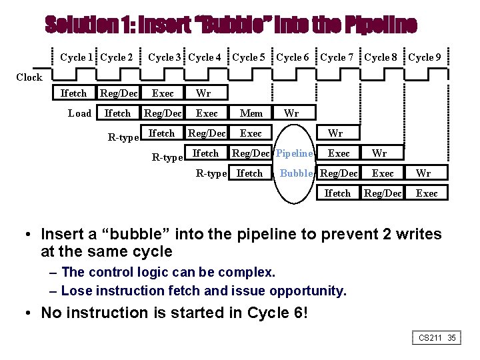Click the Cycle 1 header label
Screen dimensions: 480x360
pyautogui.click(x=77, y=57)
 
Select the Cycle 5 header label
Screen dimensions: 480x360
pyautogui.click(x=249, y=57)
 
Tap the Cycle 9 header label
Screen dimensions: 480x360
pyautogui.click(x=425, y=57)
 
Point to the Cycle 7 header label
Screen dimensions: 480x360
pyautogui.click(x=337, y=57)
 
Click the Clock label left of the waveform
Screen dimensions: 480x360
pyautogui.click(x=29, y=77)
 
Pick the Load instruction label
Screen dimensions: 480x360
pyautogui.click(x=80, y=113)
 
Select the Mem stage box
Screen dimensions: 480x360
pyautogui.click(x=251, y=113)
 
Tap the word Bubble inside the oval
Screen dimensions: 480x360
pyautogui.click(x=297, y=173)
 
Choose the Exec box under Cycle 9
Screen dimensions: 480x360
pyautogui.click(x=427, y=193)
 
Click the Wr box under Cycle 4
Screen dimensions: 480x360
pyautogui.click(x=203, y=93)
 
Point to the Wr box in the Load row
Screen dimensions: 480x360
pyautogui.click(x=291, y=113)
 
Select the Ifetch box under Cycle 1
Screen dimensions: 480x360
pyautogui.click(x=73, y=93)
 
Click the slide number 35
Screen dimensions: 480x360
pyautogui.click(x=451, y=338)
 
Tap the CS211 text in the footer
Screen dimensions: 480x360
pyautogui.click(x=430, y=338)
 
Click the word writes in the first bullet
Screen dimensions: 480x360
pyautogui.click(x=419, y=234)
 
